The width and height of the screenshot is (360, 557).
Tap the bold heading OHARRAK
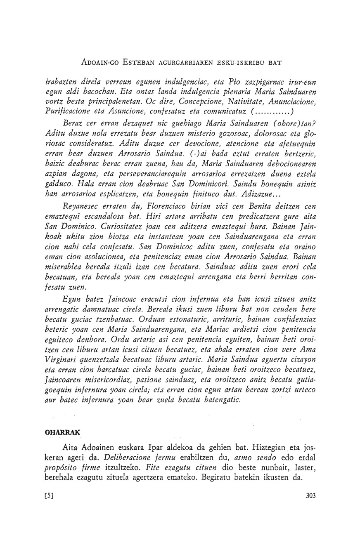click(62, 432)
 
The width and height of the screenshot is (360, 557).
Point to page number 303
click(311, 496)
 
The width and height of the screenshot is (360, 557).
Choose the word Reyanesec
click(83, 207)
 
